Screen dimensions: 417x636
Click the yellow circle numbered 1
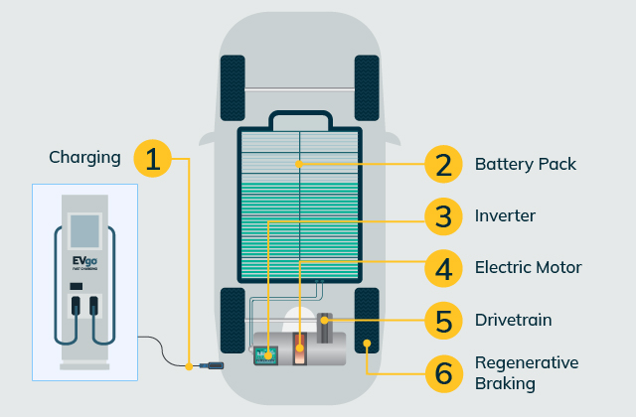151,160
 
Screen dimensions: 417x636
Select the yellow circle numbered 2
442,164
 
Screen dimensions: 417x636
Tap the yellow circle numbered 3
442,215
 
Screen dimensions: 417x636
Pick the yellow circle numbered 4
442,268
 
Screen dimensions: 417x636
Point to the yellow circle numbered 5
442,321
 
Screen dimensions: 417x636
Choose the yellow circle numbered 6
442,373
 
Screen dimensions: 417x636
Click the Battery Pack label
525,164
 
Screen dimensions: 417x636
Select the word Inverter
505,215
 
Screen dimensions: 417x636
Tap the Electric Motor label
528,268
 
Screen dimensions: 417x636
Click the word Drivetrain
513,321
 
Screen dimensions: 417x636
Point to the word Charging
84,157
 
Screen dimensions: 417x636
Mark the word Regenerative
527,362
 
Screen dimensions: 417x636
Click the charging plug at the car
212,366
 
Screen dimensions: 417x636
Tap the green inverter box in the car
265,353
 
